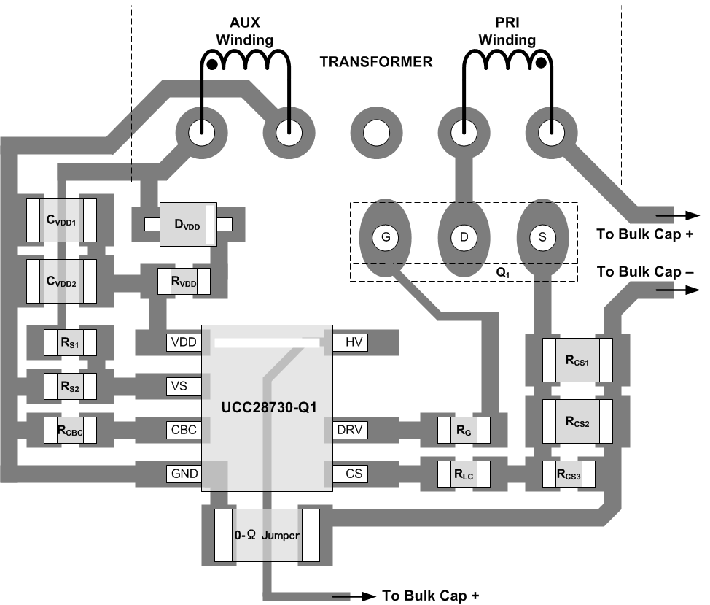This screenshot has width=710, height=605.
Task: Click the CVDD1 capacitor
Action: tap(61, 220)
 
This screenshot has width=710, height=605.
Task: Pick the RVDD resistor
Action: tap(184, 280)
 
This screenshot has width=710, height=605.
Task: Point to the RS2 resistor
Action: tap(70, 386)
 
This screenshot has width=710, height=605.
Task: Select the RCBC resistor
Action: tap(70, 430)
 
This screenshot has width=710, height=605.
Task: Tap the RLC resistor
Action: tap(465, 474)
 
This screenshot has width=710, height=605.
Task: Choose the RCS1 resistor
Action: tap(577, 361)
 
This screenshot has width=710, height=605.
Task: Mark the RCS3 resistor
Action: tap(569, 474)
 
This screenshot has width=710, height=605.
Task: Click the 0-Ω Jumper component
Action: tap(267, 536)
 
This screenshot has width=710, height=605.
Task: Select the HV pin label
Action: tap(354, 342)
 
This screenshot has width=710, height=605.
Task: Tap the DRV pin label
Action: tap(354, 430)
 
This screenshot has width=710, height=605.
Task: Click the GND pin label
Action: tap(183, 474)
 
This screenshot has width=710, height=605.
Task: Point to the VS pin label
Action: tap(183, 386)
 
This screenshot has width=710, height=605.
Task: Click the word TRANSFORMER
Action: tap(375, 62)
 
